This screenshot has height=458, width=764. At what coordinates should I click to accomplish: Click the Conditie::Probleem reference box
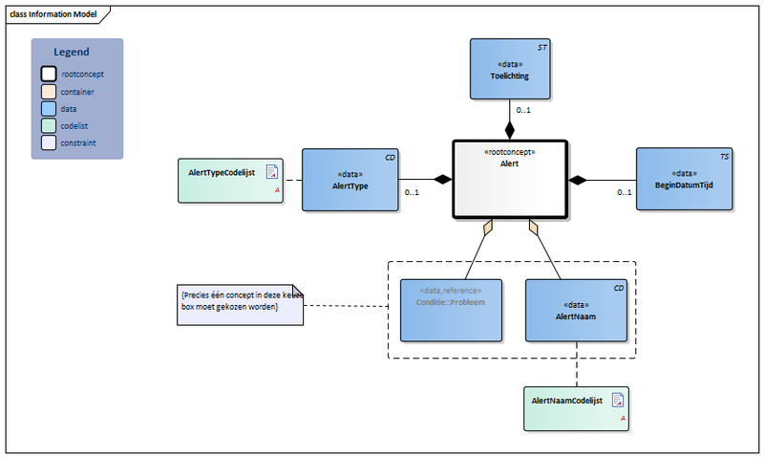(x=451, y=311)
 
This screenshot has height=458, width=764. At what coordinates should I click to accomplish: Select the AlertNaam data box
(x=577, y=311)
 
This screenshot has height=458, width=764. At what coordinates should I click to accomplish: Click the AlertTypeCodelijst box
(x=230, y=180)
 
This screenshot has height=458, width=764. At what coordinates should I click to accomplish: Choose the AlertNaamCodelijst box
(x=576, y=409)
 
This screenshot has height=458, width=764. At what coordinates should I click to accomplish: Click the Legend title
(x=72, y=53)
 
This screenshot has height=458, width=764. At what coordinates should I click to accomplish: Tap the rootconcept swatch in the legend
(x=49, y=74)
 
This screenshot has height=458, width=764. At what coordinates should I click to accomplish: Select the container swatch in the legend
(x=49, y=92)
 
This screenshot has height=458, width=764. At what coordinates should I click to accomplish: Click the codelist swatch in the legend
(x=49, y=126)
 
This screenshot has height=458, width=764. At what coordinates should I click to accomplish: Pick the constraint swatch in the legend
(x=49, y=143)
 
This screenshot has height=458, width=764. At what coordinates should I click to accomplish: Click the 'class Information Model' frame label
(x=53, y=13)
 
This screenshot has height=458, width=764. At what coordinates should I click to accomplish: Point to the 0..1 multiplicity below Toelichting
(x=524, y=111)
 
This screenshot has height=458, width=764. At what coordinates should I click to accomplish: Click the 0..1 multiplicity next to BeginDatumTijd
(x=624, y=192)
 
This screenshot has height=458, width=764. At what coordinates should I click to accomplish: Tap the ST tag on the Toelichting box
(x=542, y=46)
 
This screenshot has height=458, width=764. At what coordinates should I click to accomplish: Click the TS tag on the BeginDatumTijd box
(x=725, y=155)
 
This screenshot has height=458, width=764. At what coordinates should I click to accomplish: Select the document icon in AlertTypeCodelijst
(x=272, y=172)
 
